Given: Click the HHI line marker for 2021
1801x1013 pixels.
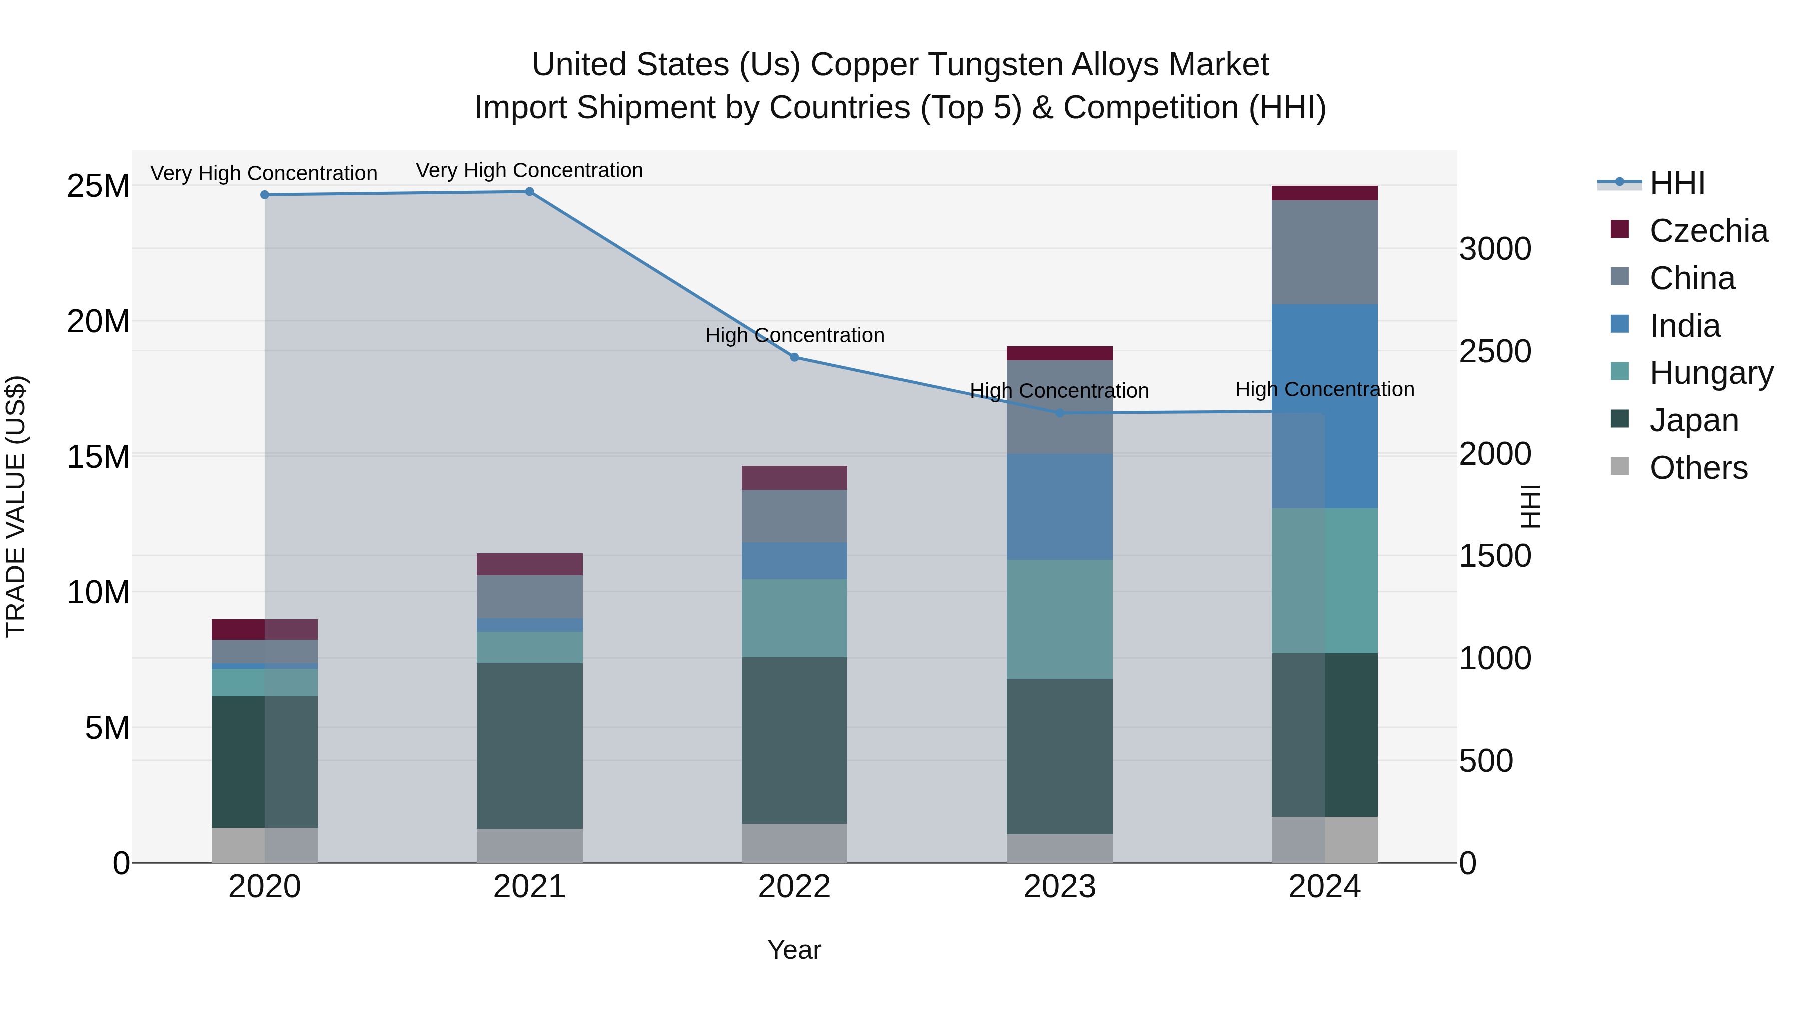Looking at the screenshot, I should click(529, 192).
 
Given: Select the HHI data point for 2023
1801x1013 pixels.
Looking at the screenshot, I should click(1059, 413).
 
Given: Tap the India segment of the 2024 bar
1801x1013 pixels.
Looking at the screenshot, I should click(1324, 406).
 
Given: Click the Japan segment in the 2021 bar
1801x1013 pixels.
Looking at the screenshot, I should click(529, 745).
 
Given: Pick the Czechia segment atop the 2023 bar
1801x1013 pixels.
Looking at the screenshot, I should click(1059, 353).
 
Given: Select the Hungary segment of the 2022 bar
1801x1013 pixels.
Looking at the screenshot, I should click(794, 617).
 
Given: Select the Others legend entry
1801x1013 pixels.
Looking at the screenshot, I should click(1698, 468).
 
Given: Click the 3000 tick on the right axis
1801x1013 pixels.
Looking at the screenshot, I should click(1495, 249).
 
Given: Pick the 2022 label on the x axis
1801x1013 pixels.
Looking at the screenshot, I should click(794, 887).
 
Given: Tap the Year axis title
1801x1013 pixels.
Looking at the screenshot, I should click(794, 950).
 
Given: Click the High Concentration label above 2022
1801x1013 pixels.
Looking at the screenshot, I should click(795, 336).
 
